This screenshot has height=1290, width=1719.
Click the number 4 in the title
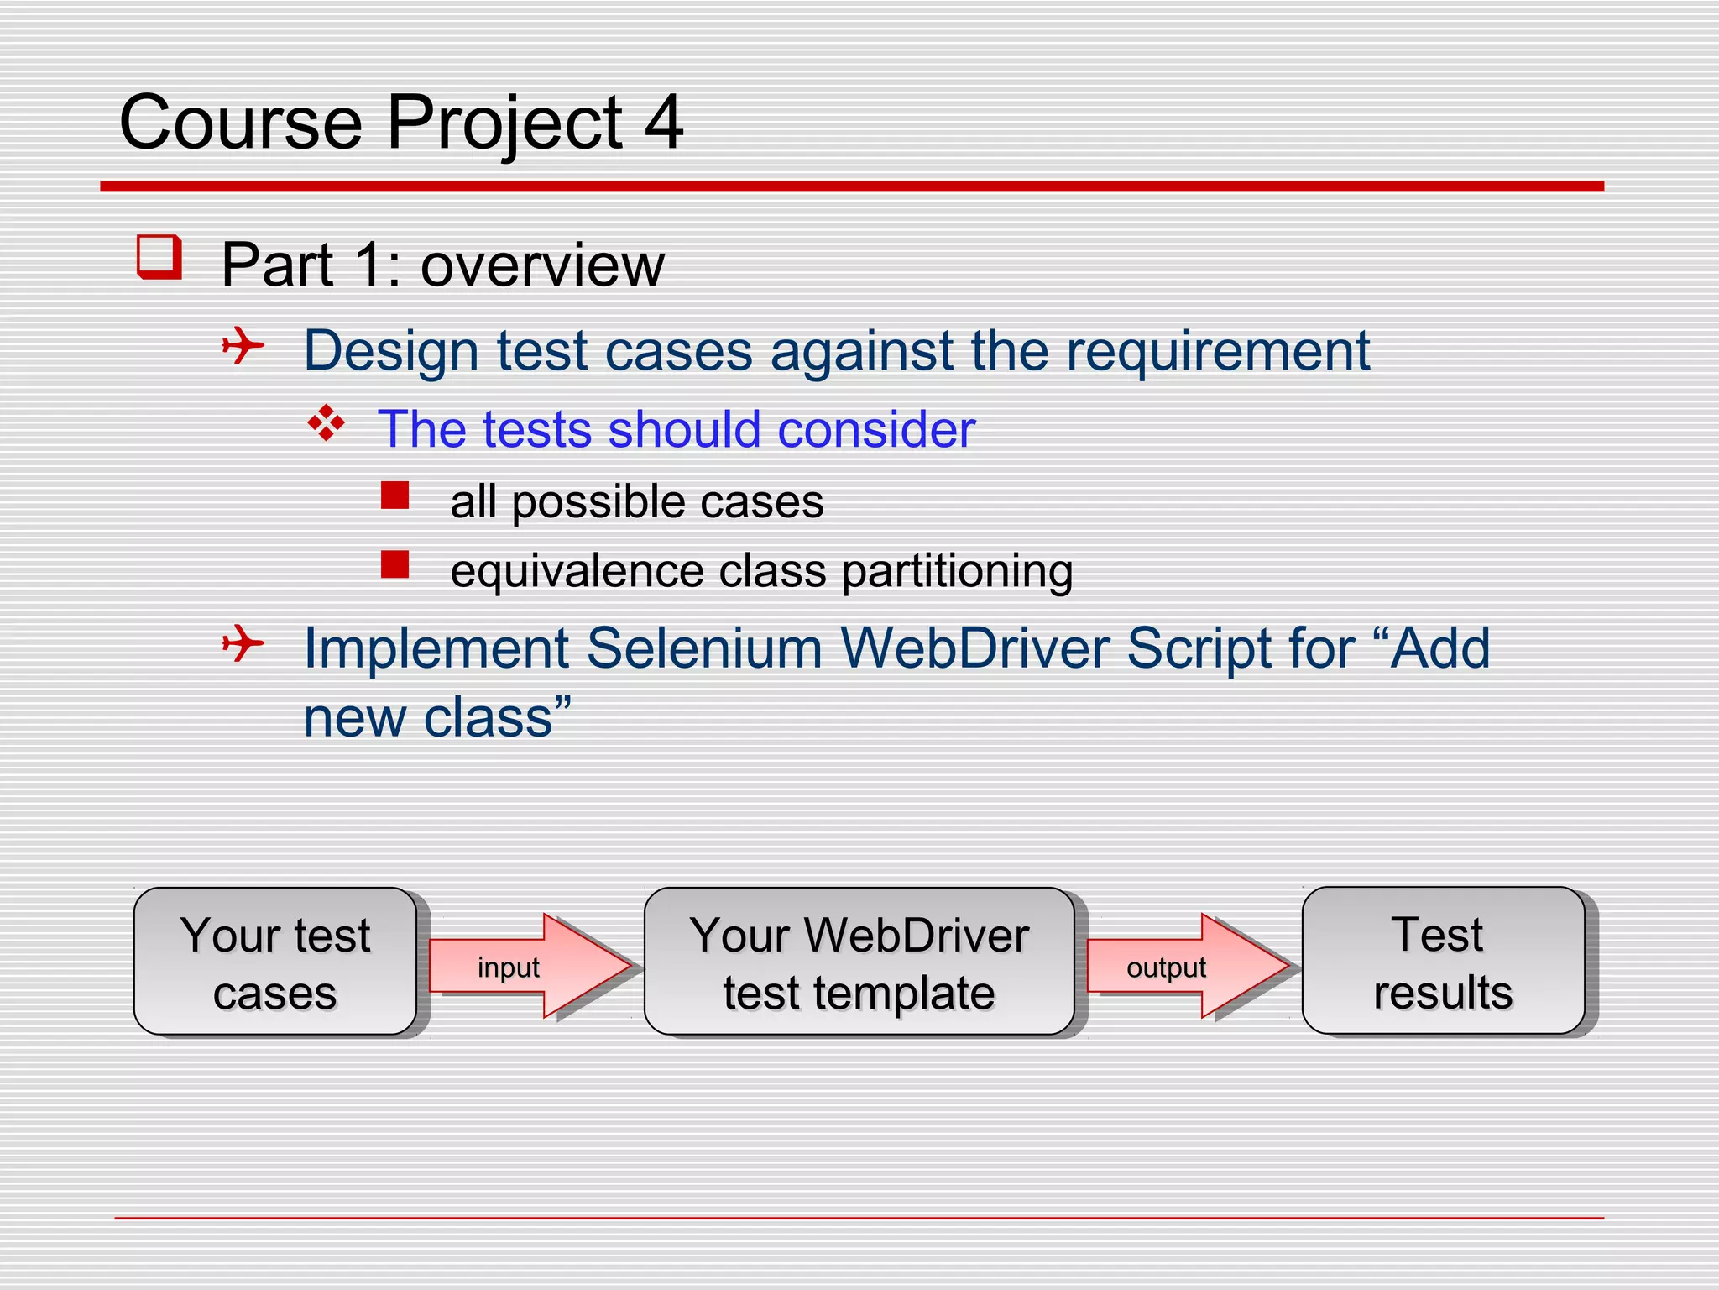point(663,123)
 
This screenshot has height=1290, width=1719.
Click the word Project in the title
point(504,123)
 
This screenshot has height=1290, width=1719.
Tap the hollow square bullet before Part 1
point(159,257)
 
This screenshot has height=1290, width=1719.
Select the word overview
point(542,265)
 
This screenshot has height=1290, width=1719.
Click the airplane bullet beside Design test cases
point(243,345)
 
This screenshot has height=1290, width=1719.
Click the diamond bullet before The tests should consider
point(327,423)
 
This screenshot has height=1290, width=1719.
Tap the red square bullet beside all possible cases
point(394,496)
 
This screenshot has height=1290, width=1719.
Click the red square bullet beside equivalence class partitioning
point(394,564)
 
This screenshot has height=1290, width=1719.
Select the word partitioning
point(957,572)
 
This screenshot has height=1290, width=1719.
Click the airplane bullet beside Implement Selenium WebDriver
point(243,643)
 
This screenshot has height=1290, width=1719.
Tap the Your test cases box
point(275,962)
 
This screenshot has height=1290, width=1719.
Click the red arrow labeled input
point(529,966)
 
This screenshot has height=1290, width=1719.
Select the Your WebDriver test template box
point(859,962)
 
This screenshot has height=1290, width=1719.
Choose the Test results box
point(1442,962)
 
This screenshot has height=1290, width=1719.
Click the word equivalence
point(577,572)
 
